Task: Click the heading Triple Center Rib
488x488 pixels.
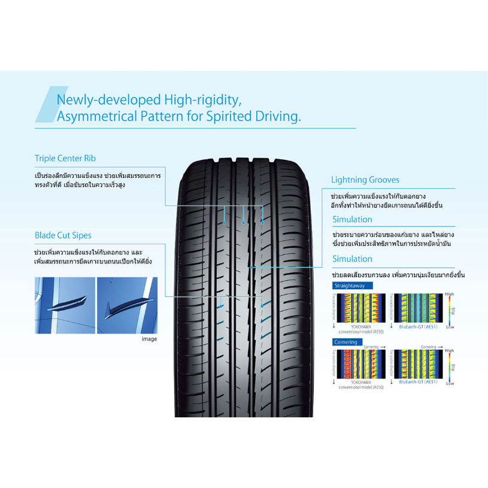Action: (65, 159)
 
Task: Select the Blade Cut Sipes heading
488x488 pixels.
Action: (63, 235)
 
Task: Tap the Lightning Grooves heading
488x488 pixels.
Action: (365, 180)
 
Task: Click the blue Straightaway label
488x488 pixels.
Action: (351, 286)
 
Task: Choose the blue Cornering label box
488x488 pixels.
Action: (346, 342)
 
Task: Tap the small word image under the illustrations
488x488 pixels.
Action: (149, 339)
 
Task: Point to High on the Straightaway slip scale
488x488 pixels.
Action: (450, 295)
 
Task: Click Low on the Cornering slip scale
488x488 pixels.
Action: (450, 383)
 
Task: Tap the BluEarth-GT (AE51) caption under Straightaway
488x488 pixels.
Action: (418, 327)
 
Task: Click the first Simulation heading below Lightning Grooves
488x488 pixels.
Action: (352, 219)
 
